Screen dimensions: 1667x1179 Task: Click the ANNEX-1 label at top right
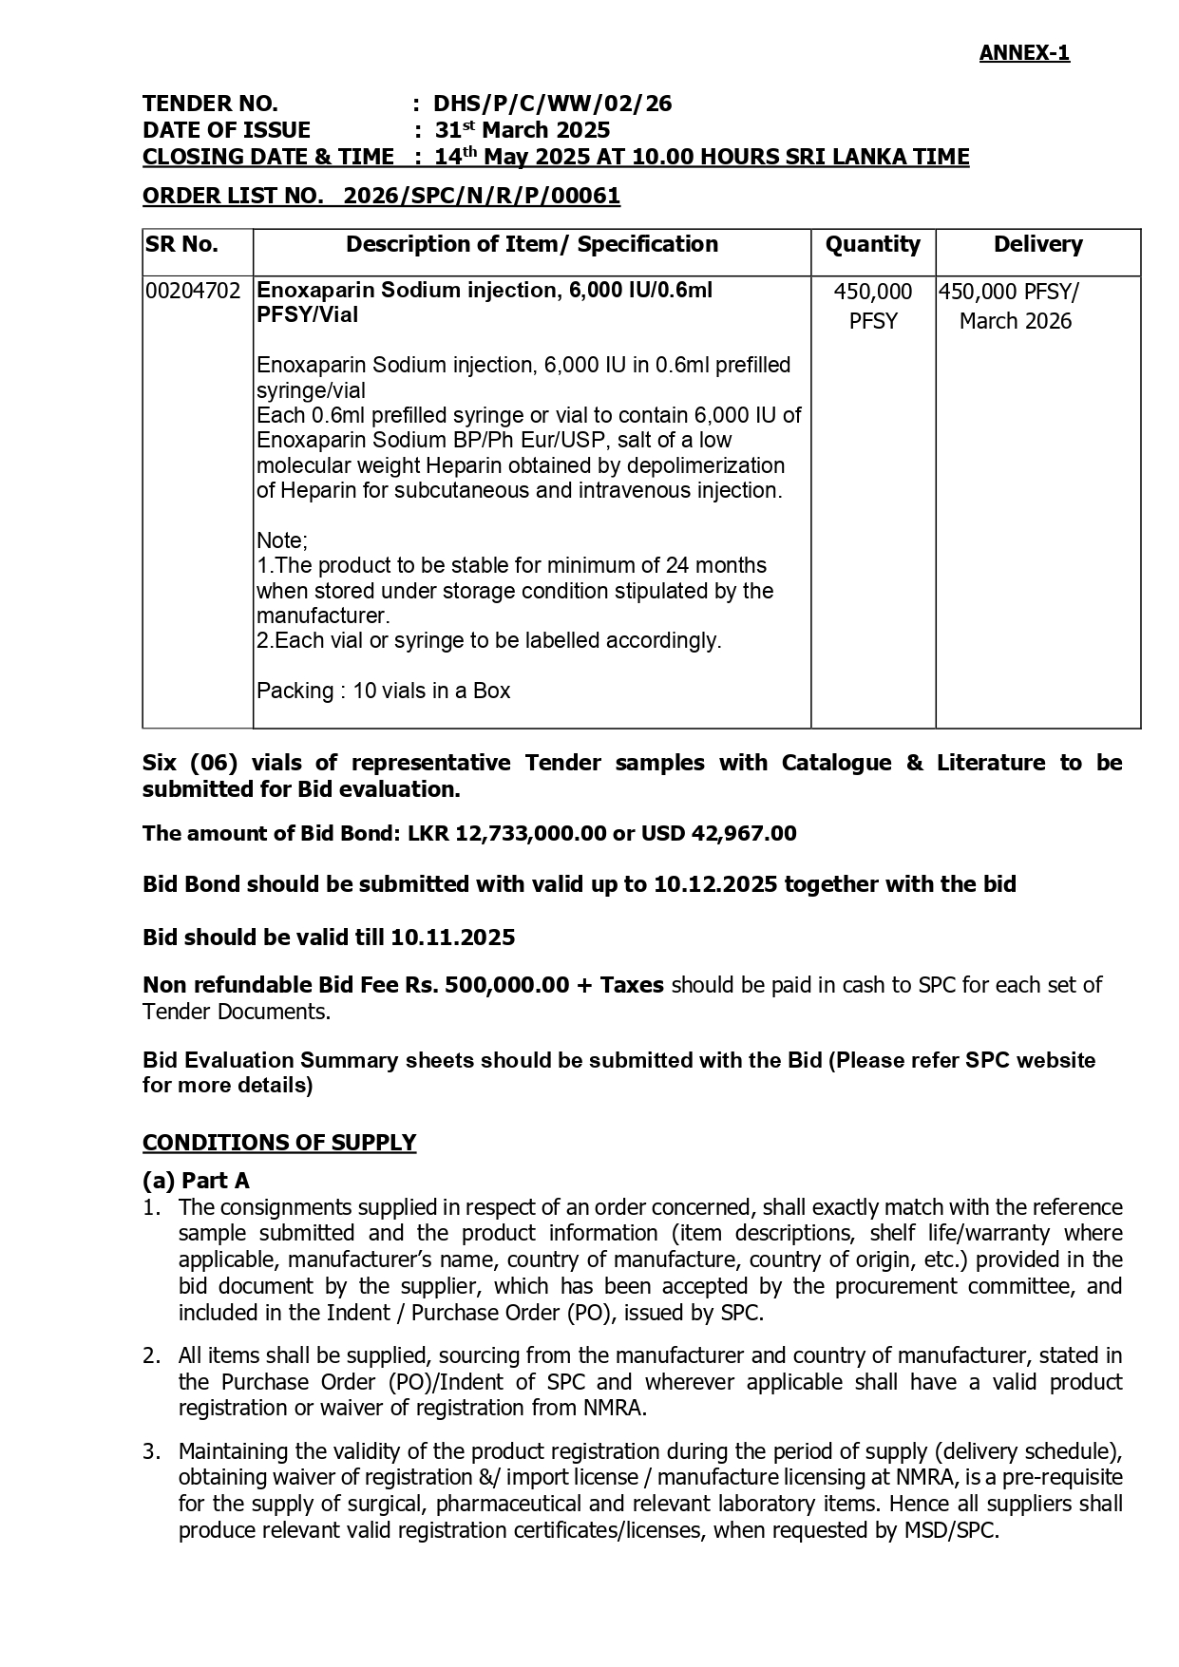tap(1024, 53)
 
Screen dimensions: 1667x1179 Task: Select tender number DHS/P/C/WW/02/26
tap(553, 104)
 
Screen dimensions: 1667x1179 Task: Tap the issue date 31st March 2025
tap(523, 130)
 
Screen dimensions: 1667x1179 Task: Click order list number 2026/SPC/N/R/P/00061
tap(482, 197)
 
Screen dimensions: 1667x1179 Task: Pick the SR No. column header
tap(182, 245)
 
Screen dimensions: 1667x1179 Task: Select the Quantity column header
tap(872, 245)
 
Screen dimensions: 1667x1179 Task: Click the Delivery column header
tap(1037, 245)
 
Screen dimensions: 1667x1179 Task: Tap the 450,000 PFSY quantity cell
tap(872, 306)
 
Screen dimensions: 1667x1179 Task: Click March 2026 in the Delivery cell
tap(1015, 321)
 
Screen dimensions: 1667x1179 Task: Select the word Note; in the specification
tap(282, 540)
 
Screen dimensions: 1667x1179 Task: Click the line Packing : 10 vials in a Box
tap(383, 691)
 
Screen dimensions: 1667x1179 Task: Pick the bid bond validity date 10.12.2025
tap(713, 884)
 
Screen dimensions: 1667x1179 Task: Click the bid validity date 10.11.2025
tap(452, 938)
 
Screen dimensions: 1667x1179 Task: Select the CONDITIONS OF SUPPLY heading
tap(279, 1142)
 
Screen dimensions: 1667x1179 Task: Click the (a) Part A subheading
tap(196, 1181)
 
